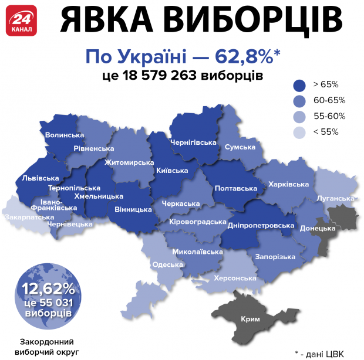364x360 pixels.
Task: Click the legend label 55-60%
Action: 329,116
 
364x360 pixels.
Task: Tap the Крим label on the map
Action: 250,320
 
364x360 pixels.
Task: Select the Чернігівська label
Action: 193,142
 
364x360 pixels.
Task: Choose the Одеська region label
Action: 167,264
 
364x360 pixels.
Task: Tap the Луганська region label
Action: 335,199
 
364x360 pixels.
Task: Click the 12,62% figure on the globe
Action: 49,288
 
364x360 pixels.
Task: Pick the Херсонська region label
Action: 235,279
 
